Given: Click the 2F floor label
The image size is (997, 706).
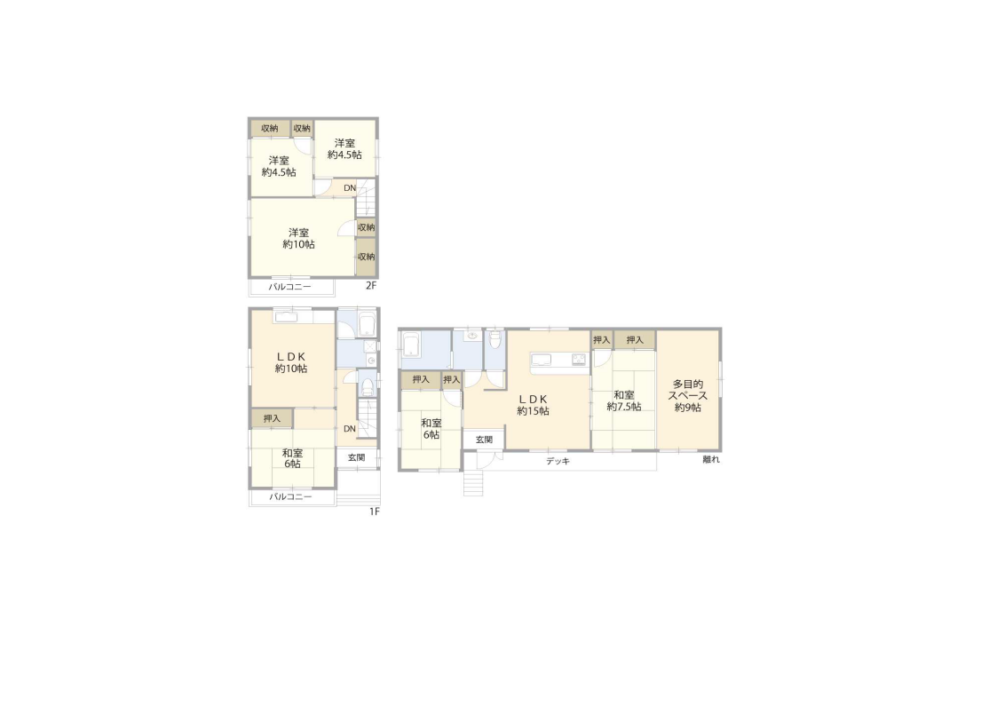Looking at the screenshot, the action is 371,286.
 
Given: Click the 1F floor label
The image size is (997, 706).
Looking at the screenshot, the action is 375,512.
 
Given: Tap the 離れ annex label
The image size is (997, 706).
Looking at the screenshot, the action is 711,459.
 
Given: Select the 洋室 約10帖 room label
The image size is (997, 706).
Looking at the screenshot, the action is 299,239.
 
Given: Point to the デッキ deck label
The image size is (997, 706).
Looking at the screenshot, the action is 558,461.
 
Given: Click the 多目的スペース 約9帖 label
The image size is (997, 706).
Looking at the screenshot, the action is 688,395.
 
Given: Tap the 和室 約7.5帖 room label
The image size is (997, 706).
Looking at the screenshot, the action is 624,401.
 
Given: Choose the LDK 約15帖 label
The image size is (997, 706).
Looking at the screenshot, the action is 533,405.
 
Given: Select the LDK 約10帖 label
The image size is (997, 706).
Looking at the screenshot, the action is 291,362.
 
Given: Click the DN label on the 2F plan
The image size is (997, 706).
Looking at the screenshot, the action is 350,188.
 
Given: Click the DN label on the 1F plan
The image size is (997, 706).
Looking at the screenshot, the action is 350,429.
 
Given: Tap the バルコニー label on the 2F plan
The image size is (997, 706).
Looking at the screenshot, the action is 290,287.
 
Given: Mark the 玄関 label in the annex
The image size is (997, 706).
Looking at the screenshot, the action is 485,440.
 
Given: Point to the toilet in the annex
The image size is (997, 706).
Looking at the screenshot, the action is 495,339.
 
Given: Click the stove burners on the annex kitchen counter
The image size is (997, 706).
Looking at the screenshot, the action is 579,360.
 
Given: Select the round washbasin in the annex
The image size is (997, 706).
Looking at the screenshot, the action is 471,335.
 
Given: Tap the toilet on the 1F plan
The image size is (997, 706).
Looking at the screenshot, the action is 367,386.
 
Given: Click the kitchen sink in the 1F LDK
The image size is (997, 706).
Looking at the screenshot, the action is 285,316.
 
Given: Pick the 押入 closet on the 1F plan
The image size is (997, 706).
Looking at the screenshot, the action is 273,418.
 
